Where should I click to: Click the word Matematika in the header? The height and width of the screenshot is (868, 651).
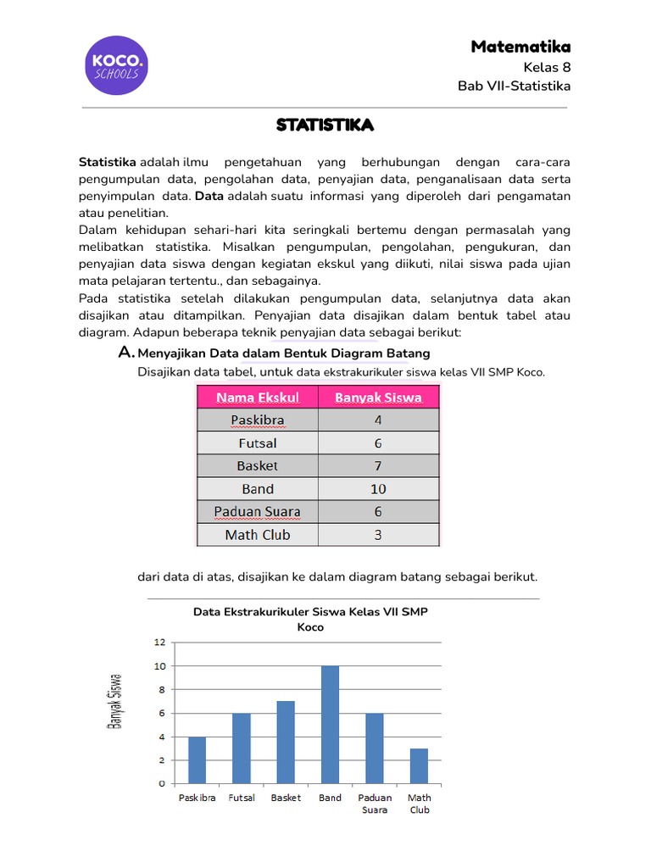[520, 47]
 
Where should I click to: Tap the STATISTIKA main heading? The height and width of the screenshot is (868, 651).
[325, 125]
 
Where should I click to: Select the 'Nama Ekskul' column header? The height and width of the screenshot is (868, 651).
[257, 397]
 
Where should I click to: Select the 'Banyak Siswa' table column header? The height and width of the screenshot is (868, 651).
[378, 397]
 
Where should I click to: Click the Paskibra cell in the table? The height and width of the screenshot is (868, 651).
[257, 420]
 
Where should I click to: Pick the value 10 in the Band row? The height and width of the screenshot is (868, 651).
[378, 489]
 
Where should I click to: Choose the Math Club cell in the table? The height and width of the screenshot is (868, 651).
[257, 535]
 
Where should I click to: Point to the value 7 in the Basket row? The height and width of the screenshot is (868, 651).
[378, 466]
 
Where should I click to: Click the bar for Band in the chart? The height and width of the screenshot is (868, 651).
[330, 725]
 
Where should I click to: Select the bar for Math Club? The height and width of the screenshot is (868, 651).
[419, 765]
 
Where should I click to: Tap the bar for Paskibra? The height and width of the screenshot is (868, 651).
[197, 759]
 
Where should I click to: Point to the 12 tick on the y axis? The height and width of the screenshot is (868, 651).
[159, 643]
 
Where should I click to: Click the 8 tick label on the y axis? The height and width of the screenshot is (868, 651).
[160, 689]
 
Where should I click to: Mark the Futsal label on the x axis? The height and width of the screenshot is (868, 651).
[242, 798]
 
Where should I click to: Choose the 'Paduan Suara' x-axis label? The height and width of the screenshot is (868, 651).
[375, 804]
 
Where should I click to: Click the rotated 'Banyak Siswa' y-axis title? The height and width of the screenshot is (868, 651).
[115, 701]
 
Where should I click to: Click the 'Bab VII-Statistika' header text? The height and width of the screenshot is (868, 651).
[514, 86]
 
